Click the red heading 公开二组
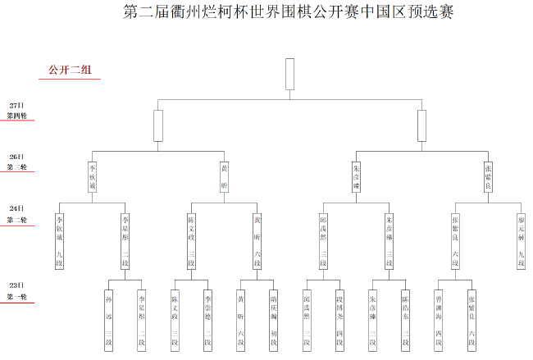pos(70,71)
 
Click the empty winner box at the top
pos(289,74)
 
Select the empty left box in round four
pos(158,125)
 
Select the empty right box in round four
pos(421,125)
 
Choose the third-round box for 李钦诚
pos(93,175)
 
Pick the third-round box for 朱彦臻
pos(356,175)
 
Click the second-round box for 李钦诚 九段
pos(60,240)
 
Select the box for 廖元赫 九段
pos(521,240)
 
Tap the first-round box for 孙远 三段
pos(109,319)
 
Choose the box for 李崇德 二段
pos(207,319)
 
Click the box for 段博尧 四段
pos(339,319)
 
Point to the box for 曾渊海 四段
pos(439,319)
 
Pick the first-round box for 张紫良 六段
pos(471,319)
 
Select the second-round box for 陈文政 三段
pos(191,240)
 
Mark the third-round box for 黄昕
pos(225,175)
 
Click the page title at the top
pos(287,12)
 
